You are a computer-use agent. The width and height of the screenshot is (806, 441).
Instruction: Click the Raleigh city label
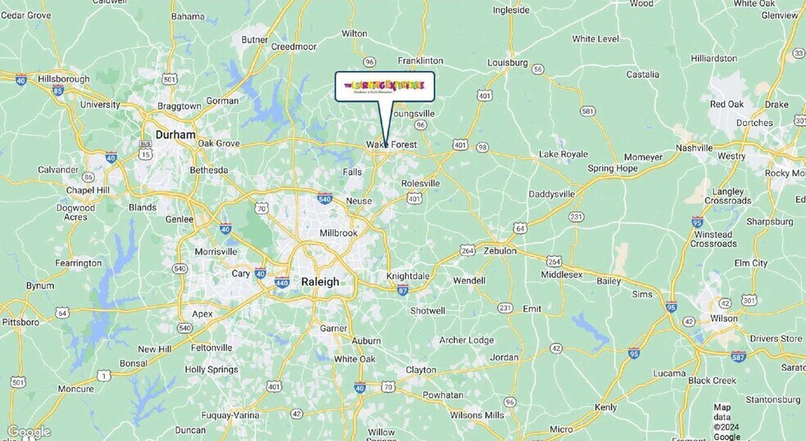[x=319, y=281]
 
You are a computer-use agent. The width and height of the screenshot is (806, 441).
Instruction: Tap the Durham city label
[x=175, y=135]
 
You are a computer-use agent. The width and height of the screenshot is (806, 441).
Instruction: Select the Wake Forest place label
[x=392, y=145]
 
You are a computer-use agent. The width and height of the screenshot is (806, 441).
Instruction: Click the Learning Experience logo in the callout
[x=384, y=86]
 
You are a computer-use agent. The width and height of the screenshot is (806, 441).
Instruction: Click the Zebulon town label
[x=500, y=251]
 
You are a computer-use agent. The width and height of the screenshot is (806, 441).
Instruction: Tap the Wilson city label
[x=723, y=318]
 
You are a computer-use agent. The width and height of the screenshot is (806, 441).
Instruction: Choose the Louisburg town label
[x=507, y=62]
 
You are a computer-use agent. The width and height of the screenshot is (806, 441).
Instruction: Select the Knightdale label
[x=408, y=277]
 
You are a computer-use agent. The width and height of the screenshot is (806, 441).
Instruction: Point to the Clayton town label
[x=421, y=370]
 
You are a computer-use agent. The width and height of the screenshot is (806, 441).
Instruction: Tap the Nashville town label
[x=694, y=148]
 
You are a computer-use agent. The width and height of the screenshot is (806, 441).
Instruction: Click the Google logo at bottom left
[x=29, y=432]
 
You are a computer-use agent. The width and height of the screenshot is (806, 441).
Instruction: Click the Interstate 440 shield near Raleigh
[x=281, y=283]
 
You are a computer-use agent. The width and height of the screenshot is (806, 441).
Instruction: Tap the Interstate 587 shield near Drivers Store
[x=738, y=356]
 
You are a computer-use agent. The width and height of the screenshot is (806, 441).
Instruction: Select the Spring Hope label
[x=612, y=169]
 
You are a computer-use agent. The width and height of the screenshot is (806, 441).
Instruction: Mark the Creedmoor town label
[x=294, y=47]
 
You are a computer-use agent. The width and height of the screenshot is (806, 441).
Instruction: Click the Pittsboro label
[x=20, y=322]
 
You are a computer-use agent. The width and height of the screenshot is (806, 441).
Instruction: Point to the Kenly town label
[x=605, y=407]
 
